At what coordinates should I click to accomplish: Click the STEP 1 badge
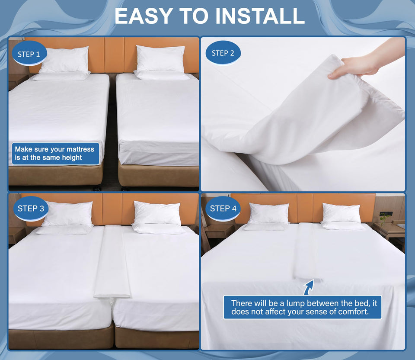[x=29, y=54]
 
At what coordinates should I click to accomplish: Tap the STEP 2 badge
[x=223, y=53]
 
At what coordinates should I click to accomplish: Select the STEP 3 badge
[x=31, y=209]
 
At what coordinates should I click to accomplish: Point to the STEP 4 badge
[x=223, y=209]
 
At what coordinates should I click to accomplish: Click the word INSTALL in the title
[x=260, y=16]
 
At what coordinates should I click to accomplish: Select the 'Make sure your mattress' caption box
[x=56, y=153]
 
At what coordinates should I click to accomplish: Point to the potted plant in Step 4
[x=384, y=219]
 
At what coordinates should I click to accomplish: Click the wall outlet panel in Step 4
[x=383, y=214]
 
